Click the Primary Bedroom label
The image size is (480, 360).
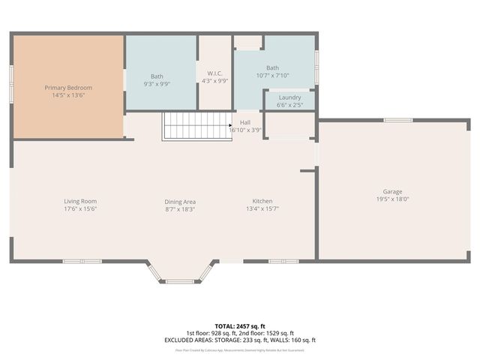(x=67, y=88)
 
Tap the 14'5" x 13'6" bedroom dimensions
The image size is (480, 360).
(x=67, y=95)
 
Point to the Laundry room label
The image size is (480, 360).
(x=289, y=97)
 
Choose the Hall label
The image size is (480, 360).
(x=245, y=122)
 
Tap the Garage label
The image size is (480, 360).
(x=393, y=192)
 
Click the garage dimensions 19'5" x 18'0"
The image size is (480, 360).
(x=393, y=199)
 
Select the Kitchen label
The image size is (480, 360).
(x=262, y=201)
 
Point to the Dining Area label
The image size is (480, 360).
(x=180, y=201)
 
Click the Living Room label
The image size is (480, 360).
(x=79, y=201)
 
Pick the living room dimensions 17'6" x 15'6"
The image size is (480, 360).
(x=79, y=208)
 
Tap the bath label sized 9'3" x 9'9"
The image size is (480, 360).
(x=157, y=76)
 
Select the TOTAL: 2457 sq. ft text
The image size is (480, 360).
(x=240, y=326)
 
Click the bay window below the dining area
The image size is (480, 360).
(x=180, y=280)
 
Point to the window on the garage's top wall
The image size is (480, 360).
(x=398, y=120)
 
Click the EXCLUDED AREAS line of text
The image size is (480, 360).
(x=240, y=340)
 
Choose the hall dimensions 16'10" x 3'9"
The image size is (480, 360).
(x=245, y=130)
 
